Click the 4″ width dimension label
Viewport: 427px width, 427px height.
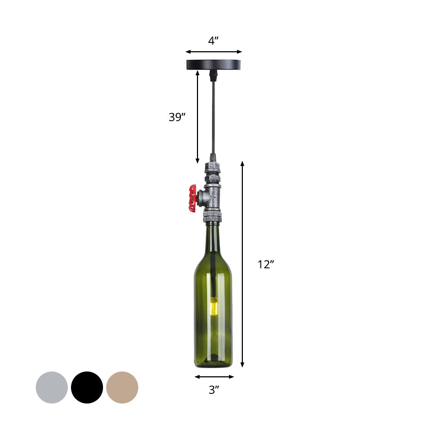click(x=213, y=41)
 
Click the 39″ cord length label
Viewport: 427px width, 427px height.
click(x=177, y=117)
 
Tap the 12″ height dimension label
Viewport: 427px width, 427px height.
click(x=265, y=264)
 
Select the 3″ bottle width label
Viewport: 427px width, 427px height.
click(x=214, y=390)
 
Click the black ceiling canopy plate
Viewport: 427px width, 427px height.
click(x=213, y=65)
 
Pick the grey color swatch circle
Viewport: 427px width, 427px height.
click(x=52, y=388)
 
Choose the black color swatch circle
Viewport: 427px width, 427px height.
click(x=87, y=388)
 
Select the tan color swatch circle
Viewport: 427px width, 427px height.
click(x=122, y=388)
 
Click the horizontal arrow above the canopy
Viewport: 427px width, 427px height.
click(x=213, y=52)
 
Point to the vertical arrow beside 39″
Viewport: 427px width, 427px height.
click(x=198, y=117)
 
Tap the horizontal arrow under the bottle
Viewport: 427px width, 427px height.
click(x=214, y=377)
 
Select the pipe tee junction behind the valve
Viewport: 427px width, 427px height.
click(x=212, y=196)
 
